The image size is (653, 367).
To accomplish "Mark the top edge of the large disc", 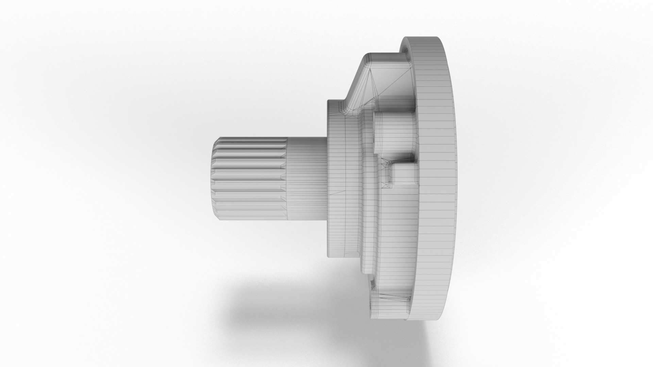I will pos(425,37).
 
